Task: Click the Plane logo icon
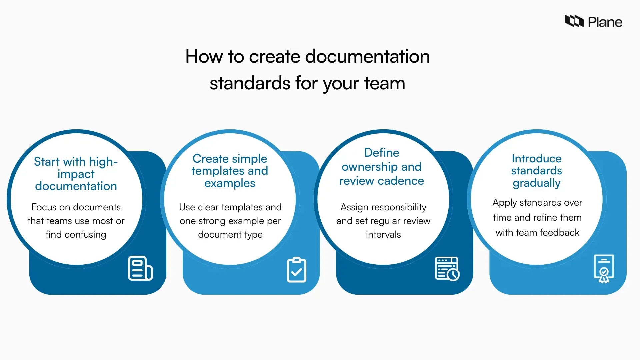(x=574, y=21)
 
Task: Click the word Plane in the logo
(x=605, y=22)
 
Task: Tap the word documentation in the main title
(x=367, y=56)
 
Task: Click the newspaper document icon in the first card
(x=140, y=268)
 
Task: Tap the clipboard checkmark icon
(x=296, y=270)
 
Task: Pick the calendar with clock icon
(x=447, y=269)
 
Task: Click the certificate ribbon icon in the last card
(x=604, y=269)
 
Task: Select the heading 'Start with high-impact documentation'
(x=76, y=174)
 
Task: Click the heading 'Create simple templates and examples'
(x=230, y=171)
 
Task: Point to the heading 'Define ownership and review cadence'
(x=382, y=167)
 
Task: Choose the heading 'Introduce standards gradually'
(x=537, y=171)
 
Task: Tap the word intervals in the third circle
(x=383, y=235)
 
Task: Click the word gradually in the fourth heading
(x=537, y=183)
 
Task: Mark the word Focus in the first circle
(x=44, y=207)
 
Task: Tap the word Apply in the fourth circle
(x=504, y=203)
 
